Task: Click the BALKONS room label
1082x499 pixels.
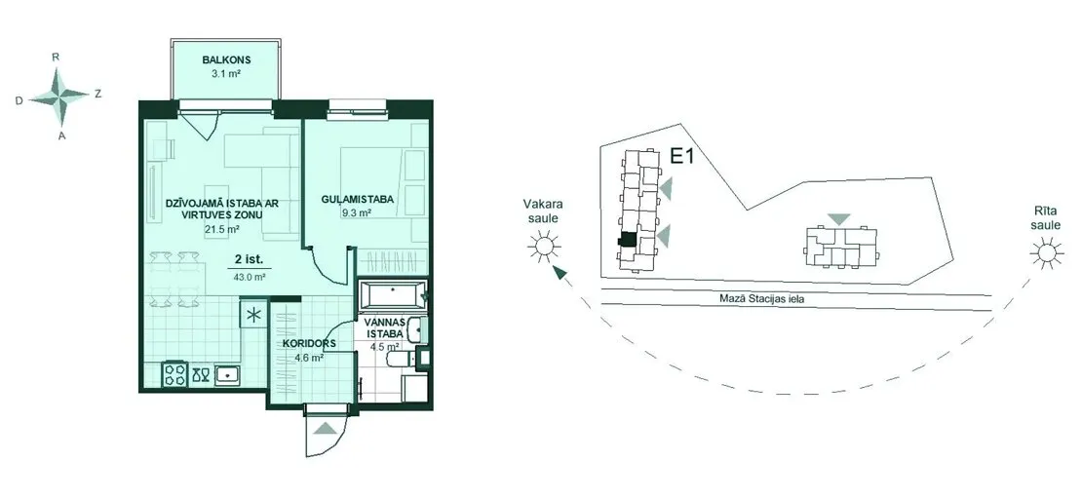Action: (221, 60)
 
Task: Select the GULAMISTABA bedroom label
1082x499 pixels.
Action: (358, 200)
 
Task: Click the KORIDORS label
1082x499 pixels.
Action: (308, 343)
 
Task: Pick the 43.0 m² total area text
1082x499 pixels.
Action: (251, 276)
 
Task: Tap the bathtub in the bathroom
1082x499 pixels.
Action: (392, 294)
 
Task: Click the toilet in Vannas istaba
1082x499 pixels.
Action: (401, 359)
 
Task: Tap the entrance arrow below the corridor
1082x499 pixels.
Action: (326, 429)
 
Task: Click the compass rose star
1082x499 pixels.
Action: (59, 96)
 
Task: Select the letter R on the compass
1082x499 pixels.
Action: (56, 58)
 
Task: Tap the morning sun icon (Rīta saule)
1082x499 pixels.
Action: (1046, 253)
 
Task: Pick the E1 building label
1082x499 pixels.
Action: (681, 157)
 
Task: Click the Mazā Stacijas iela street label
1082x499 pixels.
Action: (764, 299)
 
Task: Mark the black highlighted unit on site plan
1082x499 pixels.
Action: (627, 239)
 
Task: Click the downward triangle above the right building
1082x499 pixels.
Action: (840, 219)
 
